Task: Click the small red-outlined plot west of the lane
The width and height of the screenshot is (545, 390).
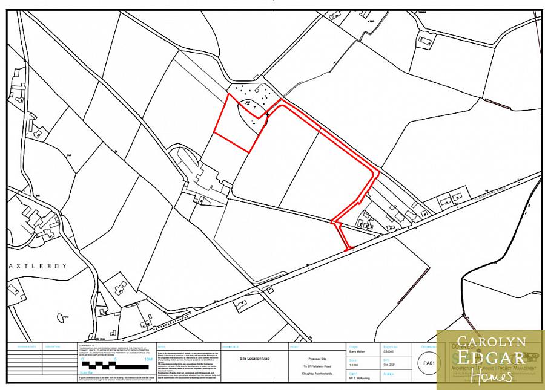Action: [236, 124]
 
